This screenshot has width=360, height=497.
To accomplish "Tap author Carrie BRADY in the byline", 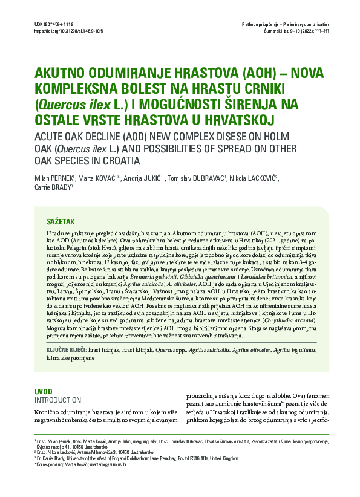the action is click(x=53, y=187).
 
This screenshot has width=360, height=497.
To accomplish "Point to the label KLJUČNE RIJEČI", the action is click(x=66, y=350).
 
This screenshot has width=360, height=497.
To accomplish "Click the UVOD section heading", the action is click(x=45, y=392).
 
